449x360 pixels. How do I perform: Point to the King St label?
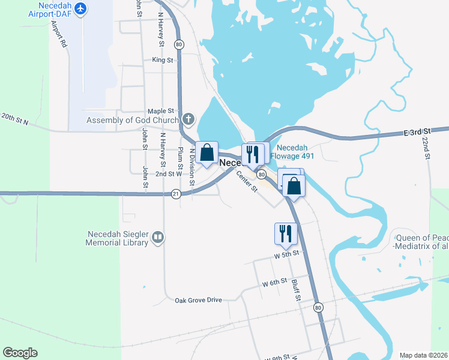click(162, 60)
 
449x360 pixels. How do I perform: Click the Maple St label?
click(160, 111)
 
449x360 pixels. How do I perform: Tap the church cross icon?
click(188, 119)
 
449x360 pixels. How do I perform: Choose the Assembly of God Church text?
click(133, 120)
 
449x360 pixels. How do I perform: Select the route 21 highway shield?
click(176, 193)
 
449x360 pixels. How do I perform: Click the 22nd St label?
click(426, 148)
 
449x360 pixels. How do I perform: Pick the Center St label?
click(246, 181)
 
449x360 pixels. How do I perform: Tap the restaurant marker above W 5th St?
click(285, 233)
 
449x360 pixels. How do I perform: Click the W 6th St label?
click(274, 283)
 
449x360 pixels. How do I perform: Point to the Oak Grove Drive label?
click(198, 300)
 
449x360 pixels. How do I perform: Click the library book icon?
click(157, 238)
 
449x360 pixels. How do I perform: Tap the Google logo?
click(20, 353)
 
